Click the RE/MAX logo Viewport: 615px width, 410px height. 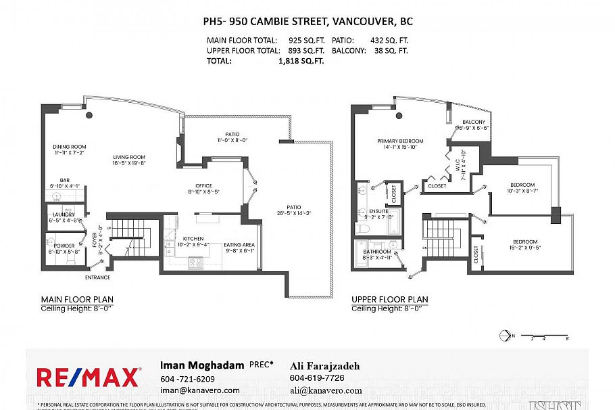coord(89,376)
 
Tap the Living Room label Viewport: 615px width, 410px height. coord(128,157)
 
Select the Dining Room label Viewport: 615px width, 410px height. coord(70,146)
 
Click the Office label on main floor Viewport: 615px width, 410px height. coord(203,186)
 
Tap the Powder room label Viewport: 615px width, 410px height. coord(65,246)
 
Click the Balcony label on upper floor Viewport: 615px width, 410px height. coord(473,122)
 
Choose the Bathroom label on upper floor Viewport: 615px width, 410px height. coord(377,252)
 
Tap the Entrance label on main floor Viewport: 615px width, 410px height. coord(97,277)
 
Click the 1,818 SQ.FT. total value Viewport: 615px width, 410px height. coord(301,60)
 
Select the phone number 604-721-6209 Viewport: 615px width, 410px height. coord(187,379)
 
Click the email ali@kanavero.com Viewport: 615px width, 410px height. coord(325,390)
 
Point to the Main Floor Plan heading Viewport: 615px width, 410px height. coord(77,299)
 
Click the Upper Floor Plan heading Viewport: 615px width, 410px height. coord(389,299)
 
